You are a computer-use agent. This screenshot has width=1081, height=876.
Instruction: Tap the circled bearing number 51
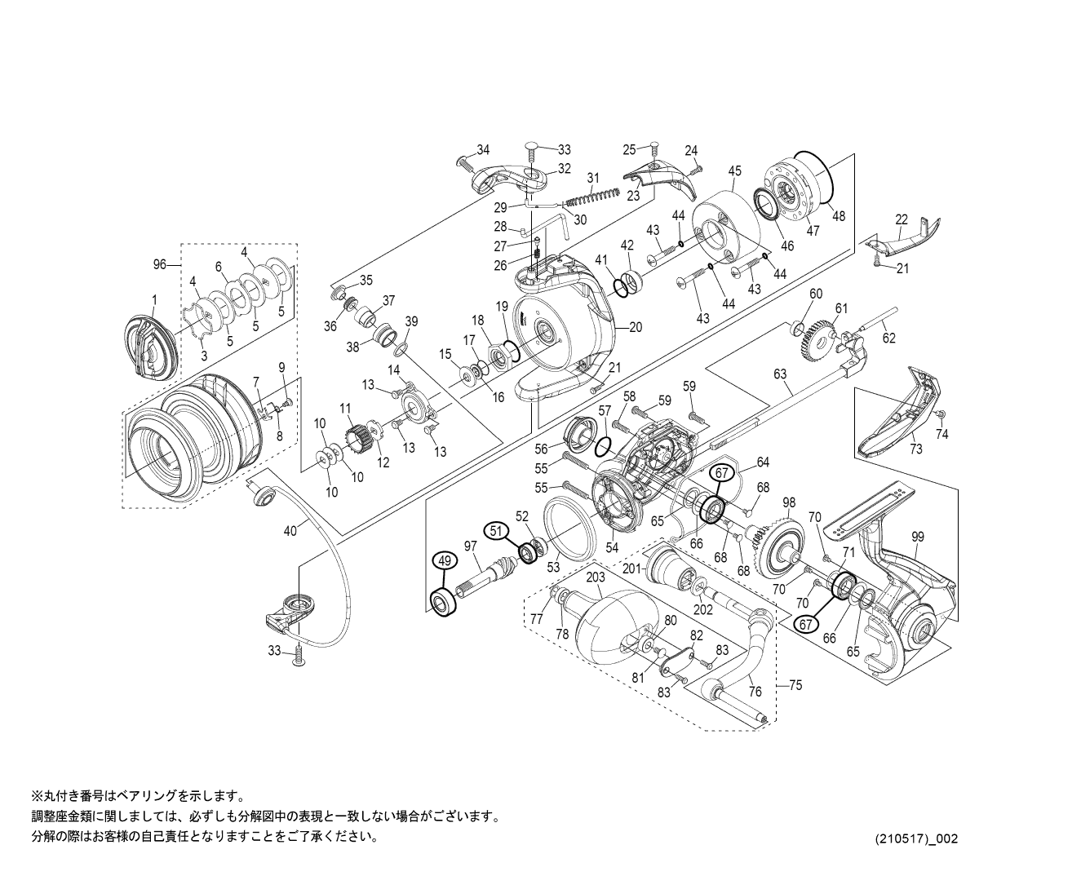[494, 529]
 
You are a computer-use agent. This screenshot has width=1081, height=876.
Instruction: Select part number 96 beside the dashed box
[160, 264]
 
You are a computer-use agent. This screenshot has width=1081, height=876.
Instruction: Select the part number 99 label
[918, 536]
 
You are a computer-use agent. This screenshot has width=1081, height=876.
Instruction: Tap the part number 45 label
[735, 170]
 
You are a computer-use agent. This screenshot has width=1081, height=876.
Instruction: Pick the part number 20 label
[636, 327]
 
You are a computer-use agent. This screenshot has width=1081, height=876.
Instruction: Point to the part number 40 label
[290, 531]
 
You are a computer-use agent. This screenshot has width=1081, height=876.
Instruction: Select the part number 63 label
[781, 374]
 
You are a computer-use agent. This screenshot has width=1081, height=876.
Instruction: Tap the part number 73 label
[916, 449]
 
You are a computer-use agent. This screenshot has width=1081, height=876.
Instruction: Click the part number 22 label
[901, 219]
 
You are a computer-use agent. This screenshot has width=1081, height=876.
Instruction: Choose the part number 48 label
[839, 216]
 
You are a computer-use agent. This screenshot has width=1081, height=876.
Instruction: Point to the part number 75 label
[795, 685]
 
